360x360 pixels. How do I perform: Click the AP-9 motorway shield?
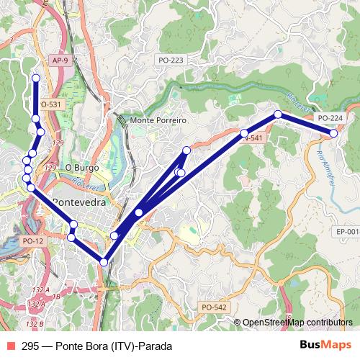coord(60,61)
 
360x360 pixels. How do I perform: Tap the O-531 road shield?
coord(52,104)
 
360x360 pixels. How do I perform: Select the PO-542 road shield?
coord(214,307)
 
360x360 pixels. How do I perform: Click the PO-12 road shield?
coord(34,240)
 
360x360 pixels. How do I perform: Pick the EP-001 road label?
coord(348,232)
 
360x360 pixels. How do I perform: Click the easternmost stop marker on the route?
coord(334,134)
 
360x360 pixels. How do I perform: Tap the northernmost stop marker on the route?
coord(35,77)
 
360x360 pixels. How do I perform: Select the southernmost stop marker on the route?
coord(104,262)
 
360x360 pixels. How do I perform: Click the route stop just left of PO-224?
coord(278,114)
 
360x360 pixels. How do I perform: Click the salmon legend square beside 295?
coord(11,346)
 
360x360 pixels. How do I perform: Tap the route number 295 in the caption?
coord(30,346)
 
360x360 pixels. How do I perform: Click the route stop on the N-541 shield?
coord(244,133)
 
